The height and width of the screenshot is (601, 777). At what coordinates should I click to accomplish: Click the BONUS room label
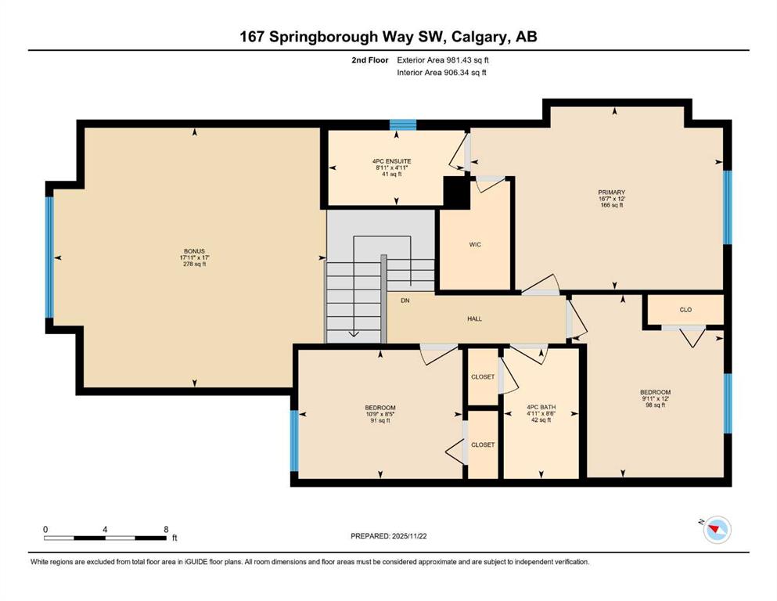click(194, 251)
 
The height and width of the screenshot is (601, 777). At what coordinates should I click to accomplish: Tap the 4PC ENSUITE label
click(391, 161)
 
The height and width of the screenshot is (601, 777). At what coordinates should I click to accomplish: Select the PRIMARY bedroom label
click(611, 193)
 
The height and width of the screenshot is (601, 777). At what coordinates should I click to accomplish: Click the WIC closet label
click(475, 244)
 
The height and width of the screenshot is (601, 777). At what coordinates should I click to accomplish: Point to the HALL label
click(474, 318)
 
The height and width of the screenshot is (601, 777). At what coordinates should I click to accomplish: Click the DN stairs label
click(405, 300)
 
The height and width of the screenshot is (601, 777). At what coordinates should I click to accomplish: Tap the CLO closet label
click(685, 310)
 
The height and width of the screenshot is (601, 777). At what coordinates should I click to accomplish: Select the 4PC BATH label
click(541, 407)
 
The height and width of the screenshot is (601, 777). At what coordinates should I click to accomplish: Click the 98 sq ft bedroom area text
click(655, 405)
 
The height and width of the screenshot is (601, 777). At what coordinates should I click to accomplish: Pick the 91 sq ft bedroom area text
click(380, 421)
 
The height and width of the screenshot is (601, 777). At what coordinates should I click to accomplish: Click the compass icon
click(717, 530)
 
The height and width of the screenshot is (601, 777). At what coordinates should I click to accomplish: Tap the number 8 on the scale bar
click(166, 529)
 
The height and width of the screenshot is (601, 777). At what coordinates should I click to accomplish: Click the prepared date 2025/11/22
click(408, 536)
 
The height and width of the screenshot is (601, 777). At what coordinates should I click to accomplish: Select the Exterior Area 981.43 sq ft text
click(443, 60)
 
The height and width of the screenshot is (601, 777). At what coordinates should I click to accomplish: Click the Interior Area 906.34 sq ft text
click(441, 72)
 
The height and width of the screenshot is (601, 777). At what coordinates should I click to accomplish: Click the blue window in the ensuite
click(402, 124)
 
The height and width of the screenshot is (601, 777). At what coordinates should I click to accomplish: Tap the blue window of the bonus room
click(49, 257)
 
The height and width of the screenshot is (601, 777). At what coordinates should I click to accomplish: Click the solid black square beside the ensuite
click(456, 193)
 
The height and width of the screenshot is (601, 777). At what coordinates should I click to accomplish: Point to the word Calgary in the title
click(480, 37)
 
